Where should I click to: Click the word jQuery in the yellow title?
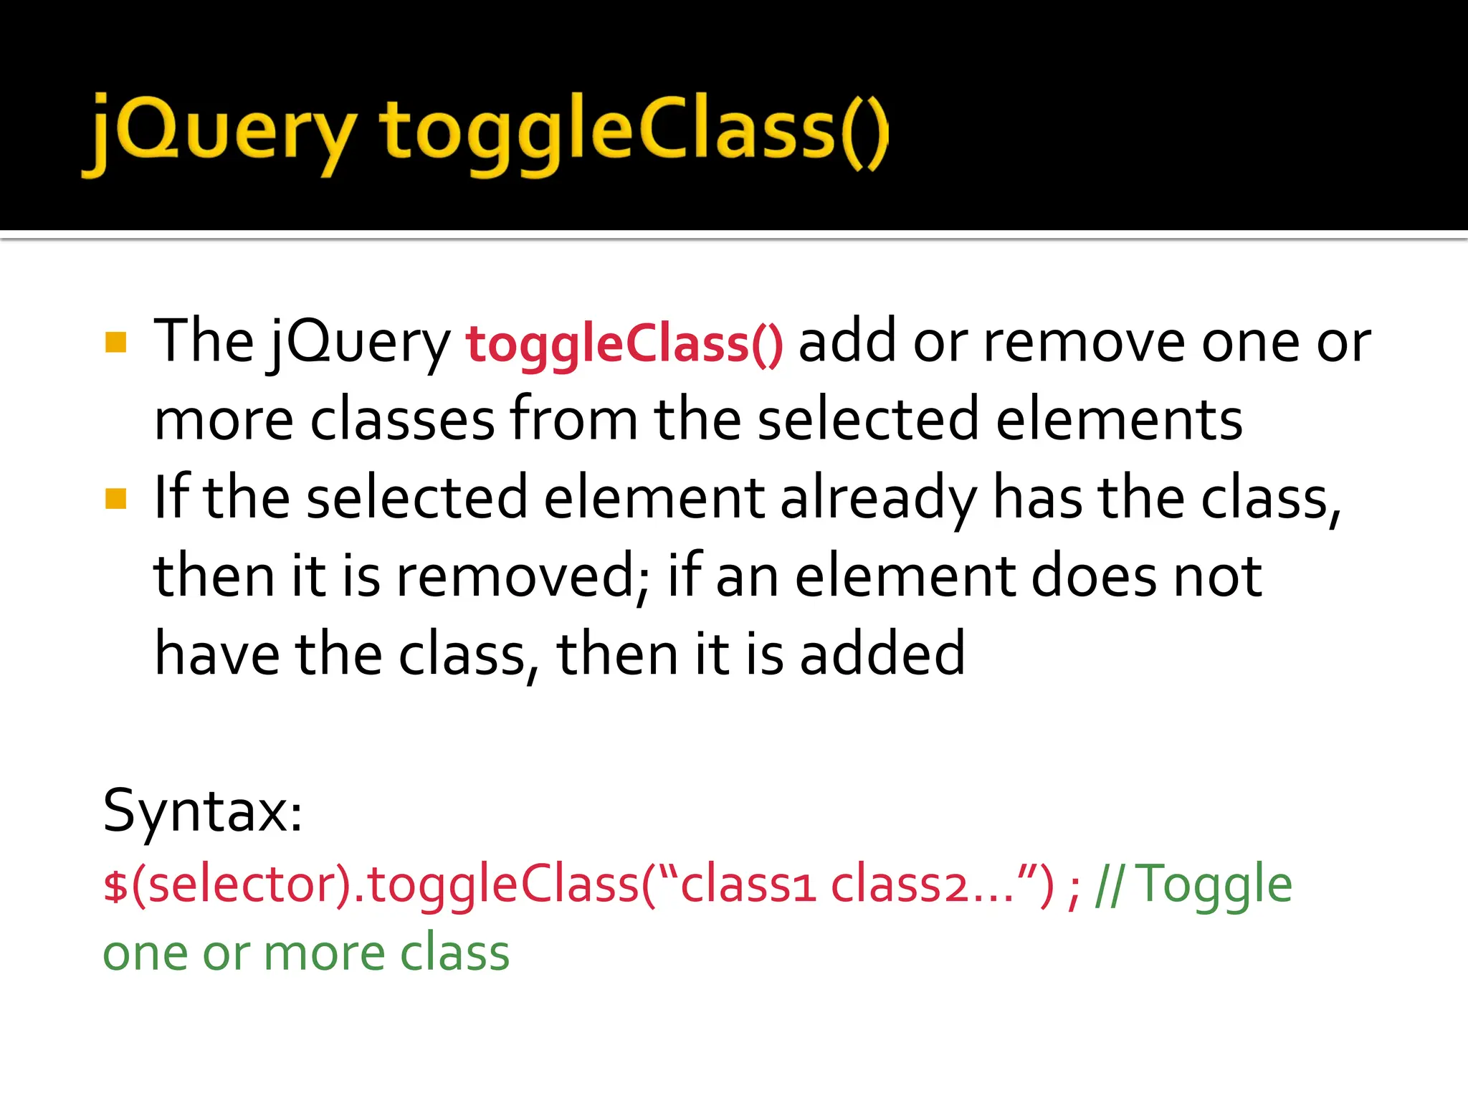click(x=219, y=133)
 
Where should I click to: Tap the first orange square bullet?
click(x=115, y=343)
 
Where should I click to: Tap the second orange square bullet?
click(x=115, y=498)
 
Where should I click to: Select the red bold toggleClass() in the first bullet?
click(x=624, y=344)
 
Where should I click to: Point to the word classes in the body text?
click(x=402, y=421)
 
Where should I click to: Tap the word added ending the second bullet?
click(x=882, y=654)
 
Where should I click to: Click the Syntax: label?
click(x=203, y=812)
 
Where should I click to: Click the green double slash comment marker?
click(x=1110, y=886)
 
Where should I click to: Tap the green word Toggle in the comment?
click(x=1215, y=886)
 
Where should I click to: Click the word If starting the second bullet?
click(x=171, y=498)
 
